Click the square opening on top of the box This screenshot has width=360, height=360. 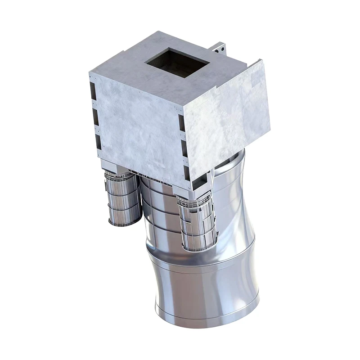coord(177,62)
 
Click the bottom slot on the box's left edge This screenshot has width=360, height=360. coord(98,143)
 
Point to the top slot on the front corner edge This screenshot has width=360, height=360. coord(181,122)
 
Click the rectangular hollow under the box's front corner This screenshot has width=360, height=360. coord(198,183)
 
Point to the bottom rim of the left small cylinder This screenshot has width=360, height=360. coord(124,224)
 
